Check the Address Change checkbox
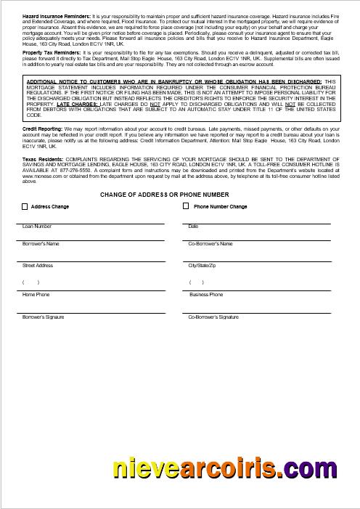[x=25, y=207]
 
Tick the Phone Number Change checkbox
[x=186, y=206]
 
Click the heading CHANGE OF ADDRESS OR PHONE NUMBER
[x=165, y=195]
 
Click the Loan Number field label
[x=37, y=227]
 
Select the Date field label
[x=193, y=227]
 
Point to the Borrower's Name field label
[x=41, y=244]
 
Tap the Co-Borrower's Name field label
[x=210, y=244]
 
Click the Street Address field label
[x=38, y=266]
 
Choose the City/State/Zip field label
[x=202, y=266]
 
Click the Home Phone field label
[x=36, y=295]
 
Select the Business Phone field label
[x=206, y=295]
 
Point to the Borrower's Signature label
[x=44, y=317]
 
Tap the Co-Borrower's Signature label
[x=213, y=317]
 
